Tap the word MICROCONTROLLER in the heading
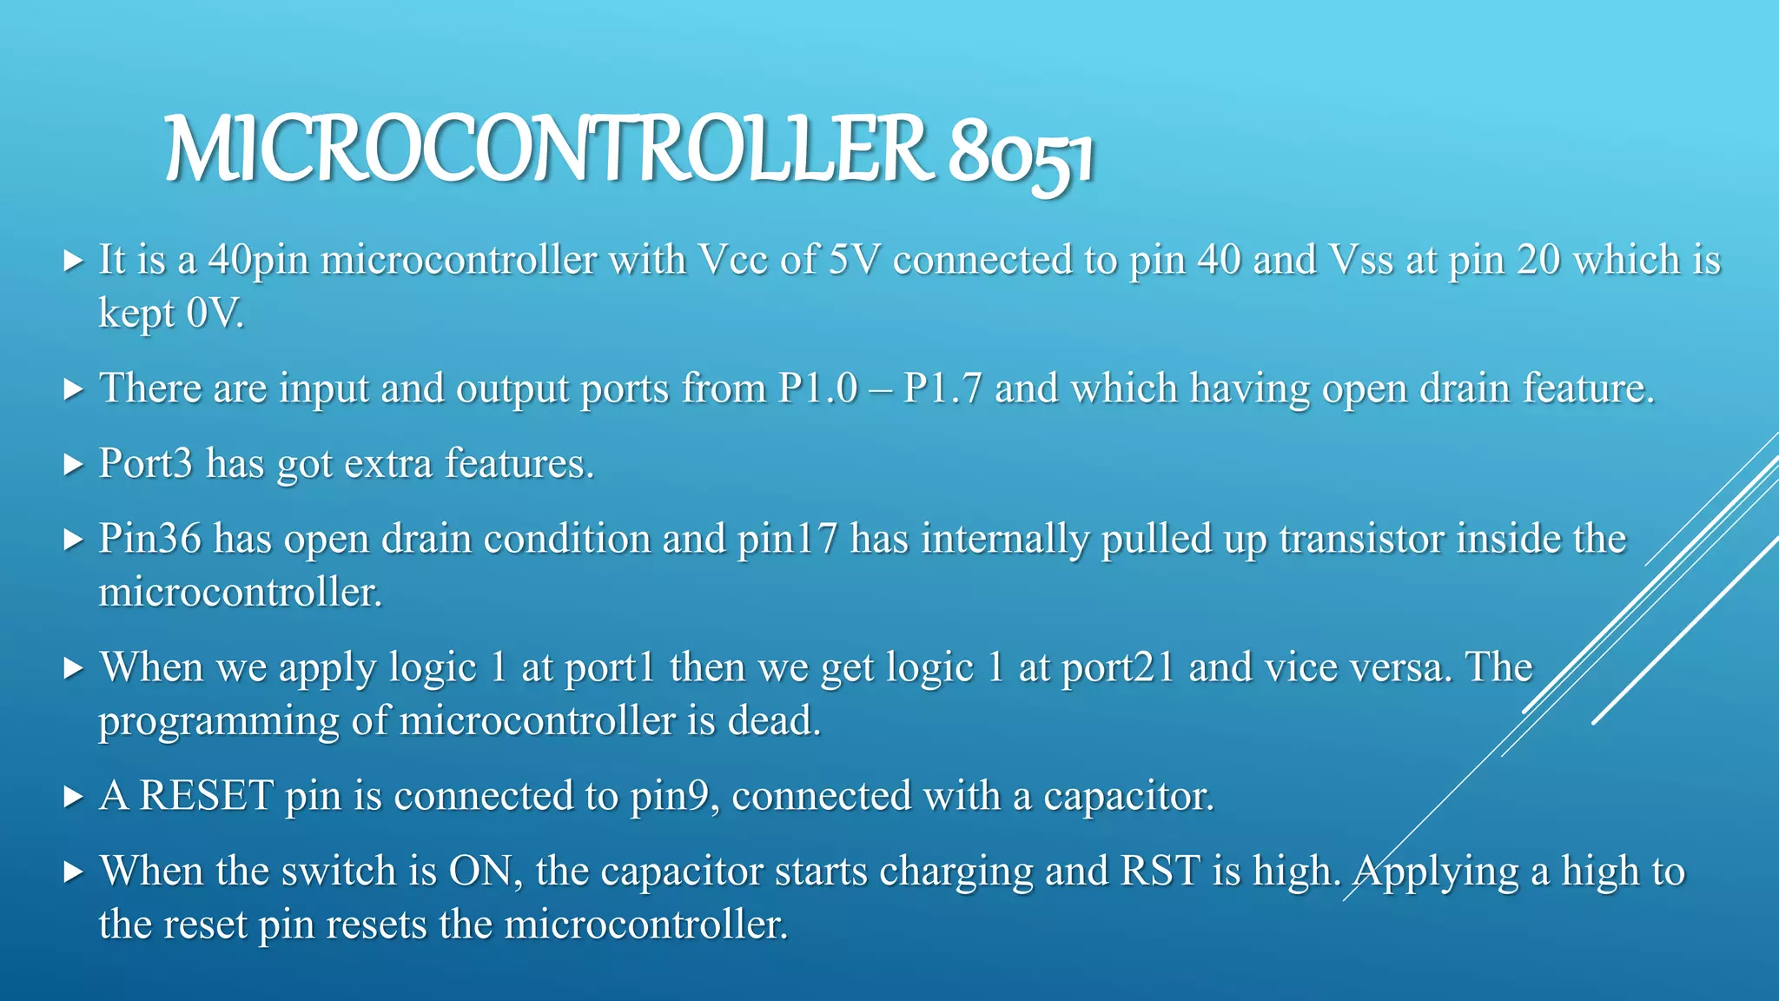point(547,149)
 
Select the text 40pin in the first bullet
point(259,261)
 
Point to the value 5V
point(854,260)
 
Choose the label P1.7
point(942,388)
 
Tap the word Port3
point(145,463)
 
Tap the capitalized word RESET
point(207,795)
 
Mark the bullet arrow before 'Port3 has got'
point(74,464)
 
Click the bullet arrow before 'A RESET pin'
point(74,796)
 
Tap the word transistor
point(1362,539)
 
